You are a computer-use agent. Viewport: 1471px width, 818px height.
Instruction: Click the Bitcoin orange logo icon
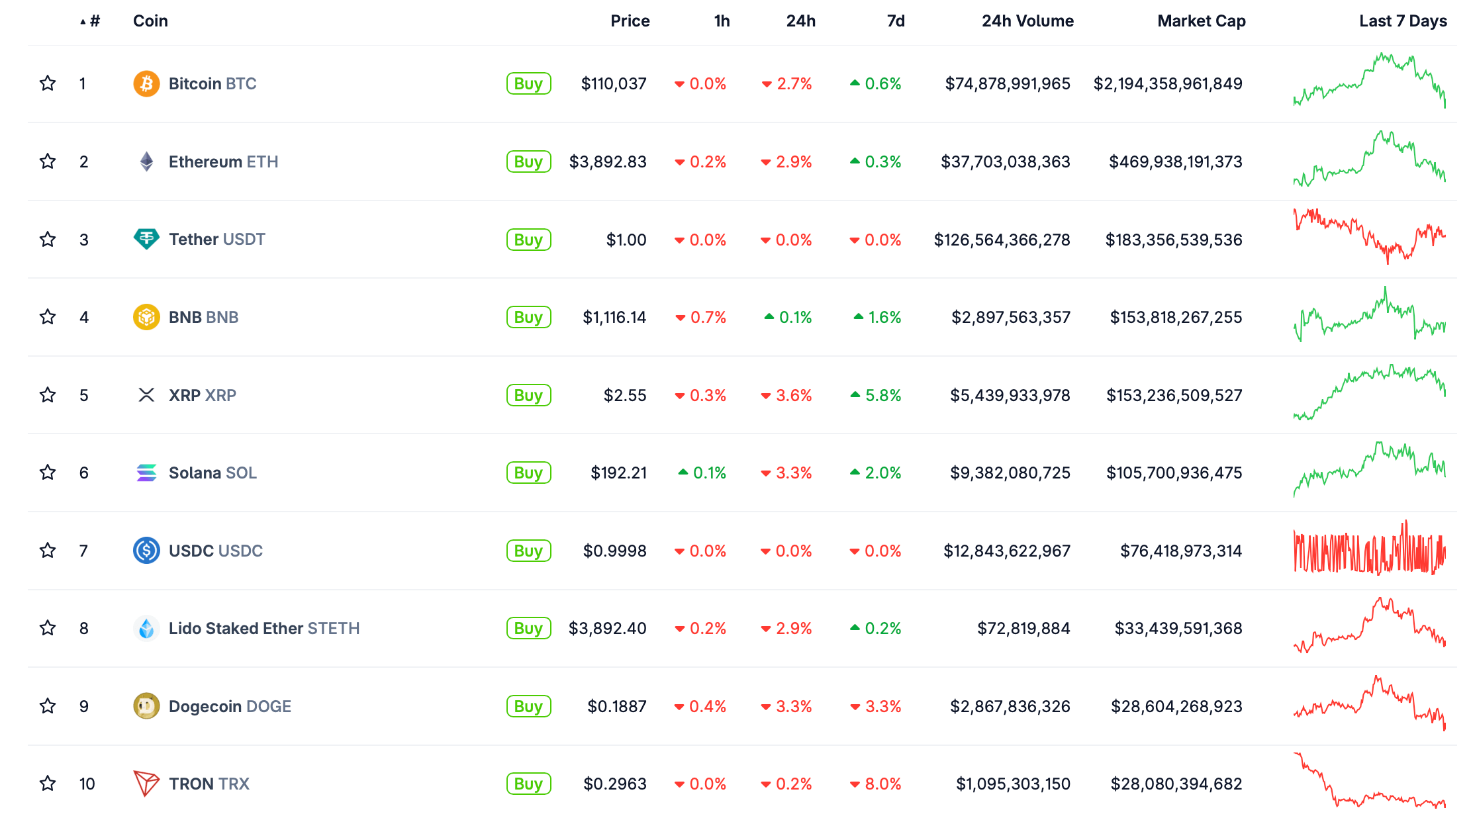point(146,84)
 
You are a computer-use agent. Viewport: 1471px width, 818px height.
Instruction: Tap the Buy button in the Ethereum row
point(528,161)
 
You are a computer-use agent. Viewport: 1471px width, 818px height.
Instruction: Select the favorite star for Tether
point(48,239)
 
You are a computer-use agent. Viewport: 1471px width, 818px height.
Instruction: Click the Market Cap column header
point(1201,21)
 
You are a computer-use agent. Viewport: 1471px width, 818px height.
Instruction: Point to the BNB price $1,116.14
point(614,318)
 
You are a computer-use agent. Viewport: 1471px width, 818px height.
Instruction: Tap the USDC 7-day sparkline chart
point(1369,550)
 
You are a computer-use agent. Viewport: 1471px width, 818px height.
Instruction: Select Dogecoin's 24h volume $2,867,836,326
point(1010,706)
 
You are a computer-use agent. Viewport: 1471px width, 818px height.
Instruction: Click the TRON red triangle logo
point(146,784)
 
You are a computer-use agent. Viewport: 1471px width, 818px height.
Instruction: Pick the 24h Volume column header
point(1027,21)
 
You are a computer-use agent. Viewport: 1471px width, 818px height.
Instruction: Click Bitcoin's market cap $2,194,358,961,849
point(1167,84)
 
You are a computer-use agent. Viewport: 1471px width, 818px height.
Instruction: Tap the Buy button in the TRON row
point(528,784)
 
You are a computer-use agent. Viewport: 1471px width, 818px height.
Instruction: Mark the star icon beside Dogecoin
point(48,706)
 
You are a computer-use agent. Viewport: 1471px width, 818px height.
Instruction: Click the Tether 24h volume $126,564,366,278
point(1002,240)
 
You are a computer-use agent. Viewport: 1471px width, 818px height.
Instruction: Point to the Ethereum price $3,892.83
point(607,161)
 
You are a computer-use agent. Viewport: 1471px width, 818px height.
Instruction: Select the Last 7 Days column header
point(1402,21)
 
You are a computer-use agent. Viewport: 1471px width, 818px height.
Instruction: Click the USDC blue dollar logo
point(146,551)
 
